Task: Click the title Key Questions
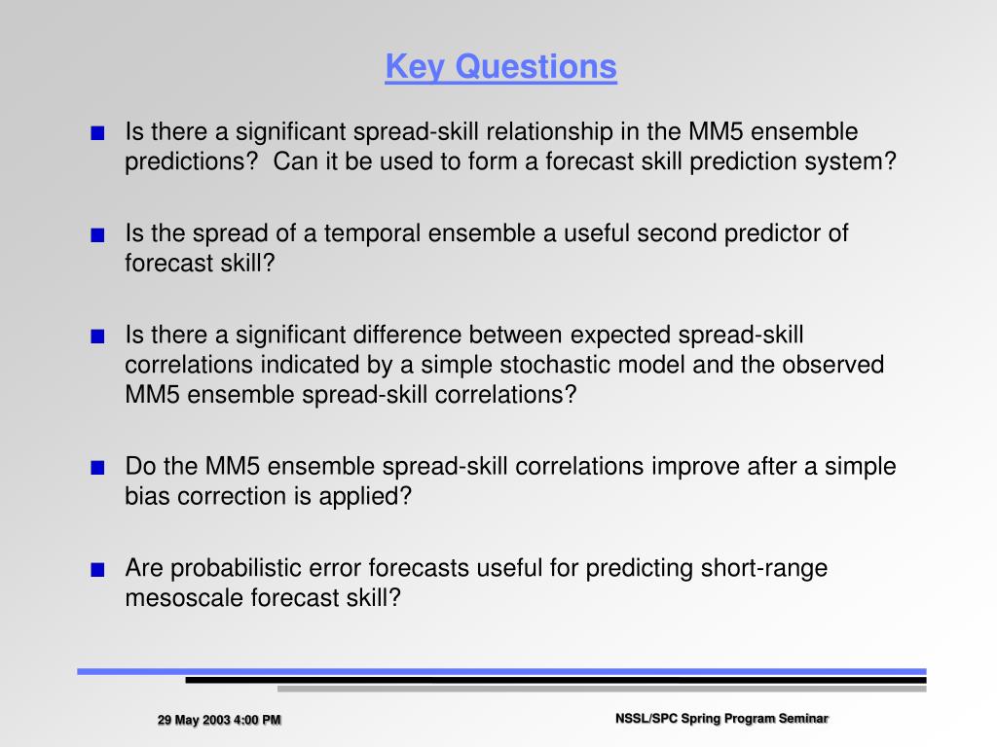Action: (x=501, y=67)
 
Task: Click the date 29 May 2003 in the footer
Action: (x=194, y=720)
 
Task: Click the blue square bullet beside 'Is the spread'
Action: (x=97, y=235)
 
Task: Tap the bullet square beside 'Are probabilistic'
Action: (x=97, y=570)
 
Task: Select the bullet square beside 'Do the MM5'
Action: (x=97, y=468)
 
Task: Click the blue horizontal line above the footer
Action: (x=501, y=671)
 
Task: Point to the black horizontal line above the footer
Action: (x=556, y=680)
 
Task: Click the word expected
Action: (x=620, y=336)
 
